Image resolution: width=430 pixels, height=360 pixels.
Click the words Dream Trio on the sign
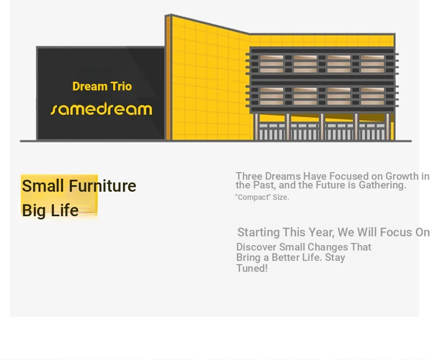pos(102,87)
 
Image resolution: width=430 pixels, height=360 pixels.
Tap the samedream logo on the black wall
pos(101,109)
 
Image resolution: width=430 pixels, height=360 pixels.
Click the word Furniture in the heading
pos(102,186)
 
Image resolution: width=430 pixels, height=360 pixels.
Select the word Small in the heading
pos(43,186)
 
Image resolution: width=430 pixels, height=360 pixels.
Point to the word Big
pos(34,211)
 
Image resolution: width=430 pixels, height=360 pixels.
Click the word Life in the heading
pos(65,210)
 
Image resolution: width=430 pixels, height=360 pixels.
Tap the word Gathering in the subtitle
pos(382,185)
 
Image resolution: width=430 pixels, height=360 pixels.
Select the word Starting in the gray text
pos(259,233)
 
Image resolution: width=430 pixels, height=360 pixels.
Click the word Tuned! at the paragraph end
pos(252,268)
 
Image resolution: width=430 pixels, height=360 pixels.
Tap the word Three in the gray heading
pos(249,176)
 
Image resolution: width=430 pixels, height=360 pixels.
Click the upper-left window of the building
pos(272,64)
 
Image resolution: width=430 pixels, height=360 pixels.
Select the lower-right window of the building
pos(372,96)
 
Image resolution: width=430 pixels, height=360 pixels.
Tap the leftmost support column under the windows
pos(256,126)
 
